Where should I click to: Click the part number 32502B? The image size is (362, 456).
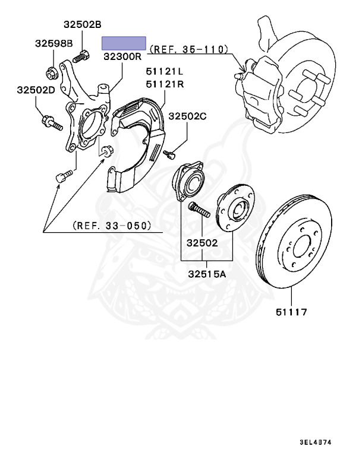(83, 25)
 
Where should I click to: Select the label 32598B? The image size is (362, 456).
(53, 43)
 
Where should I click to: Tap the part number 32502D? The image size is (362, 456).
(35, 90)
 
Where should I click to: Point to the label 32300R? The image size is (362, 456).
(121, 58)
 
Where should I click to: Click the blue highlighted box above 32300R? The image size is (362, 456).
(124, 43)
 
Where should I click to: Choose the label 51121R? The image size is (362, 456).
(165, 84)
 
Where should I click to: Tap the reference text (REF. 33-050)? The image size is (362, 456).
(112, 226)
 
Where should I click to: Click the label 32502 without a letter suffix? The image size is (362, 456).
(202, 242)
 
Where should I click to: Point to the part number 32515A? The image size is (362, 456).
(206, 274)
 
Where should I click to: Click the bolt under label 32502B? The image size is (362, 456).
(80, 58)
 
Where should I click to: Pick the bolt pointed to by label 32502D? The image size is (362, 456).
(51, 124)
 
